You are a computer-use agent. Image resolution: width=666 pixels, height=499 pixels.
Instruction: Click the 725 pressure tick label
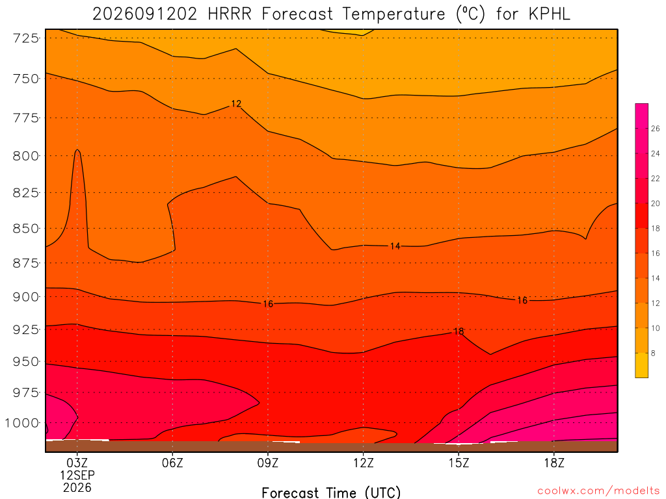click(x=25, y=38)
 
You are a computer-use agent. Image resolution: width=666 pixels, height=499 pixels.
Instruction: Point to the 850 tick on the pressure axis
click(x=25, y=228)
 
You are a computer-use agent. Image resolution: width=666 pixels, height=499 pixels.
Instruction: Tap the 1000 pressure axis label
click(x=21, y=423)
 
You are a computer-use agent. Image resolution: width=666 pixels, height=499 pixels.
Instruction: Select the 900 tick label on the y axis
click(x=25, y=296)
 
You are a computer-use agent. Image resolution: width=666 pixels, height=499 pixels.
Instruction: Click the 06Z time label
click(x=172, y=463)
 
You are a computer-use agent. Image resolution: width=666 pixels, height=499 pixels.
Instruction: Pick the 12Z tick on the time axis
click(x=363, y=463)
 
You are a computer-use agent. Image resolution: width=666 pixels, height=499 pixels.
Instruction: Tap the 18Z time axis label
click(x=554, y=463)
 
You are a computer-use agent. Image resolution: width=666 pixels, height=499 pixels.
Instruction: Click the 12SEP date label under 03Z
click(x=77, y=475)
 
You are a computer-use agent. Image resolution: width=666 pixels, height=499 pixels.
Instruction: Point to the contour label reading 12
click(x=236, y=103)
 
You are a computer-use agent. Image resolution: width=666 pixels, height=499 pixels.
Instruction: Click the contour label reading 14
click(x=395, y=246)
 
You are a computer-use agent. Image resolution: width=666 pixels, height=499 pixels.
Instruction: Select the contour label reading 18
click(x=459, y=331)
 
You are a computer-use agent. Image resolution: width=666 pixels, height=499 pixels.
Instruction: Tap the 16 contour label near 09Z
click(x=267, y=304)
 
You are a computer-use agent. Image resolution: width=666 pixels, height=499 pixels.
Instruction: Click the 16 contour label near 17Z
click(x=522, y=300)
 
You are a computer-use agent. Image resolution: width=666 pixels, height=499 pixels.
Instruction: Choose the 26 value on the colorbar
click(x=656, y=129)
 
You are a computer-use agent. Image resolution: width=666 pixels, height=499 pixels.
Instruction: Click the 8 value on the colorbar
click(x=653, y=353)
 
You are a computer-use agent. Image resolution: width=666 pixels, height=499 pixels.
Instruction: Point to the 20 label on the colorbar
click(x=656, y=203)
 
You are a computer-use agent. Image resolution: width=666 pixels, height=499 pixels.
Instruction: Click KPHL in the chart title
click(x=549, y=14)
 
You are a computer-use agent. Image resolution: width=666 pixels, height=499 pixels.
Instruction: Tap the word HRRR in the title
click(x=230, y=14)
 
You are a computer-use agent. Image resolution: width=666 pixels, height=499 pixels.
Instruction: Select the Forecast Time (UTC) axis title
click(x=331, y=493)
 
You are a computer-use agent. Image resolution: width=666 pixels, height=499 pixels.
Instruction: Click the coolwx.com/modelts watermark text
click(x=598, y=491)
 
